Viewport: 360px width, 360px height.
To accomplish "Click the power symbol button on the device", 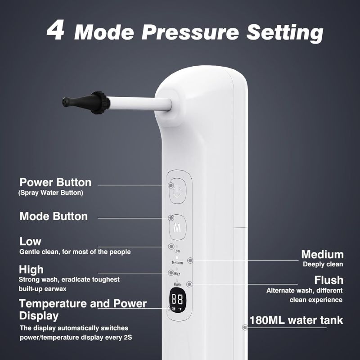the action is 177,191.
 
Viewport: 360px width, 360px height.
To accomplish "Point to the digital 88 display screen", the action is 178,300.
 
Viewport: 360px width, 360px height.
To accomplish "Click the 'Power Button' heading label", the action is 55,182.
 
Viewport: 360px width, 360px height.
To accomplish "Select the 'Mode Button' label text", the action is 54,216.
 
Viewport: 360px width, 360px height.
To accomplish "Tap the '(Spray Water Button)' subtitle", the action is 51,193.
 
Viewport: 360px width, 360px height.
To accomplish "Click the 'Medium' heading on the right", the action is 322,255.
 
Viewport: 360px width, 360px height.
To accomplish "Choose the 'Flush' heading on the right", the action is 329,280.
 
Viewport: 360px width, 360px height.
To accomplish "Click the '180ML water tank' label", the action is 296,320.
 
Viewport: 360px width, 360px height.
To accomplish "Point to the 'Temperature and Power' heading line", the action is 83,304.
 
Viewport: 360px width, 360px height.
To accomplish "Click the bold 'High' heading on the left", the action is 31,270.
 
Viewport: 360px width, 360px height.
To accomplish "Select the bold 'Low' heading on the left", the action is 30,242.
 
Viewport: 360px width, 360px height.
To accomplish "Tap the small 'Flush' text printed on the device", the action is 177,284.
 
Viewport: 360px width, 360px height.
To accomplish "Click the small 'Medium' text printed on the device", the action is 177,263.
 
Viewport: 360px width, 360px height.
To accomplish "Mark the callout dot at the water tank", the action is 245,328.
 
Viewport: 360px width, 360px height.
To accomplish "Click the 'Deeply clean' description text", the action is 323,264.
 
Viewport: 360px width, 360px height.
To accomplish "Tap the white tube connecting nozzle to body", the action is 139,104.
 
